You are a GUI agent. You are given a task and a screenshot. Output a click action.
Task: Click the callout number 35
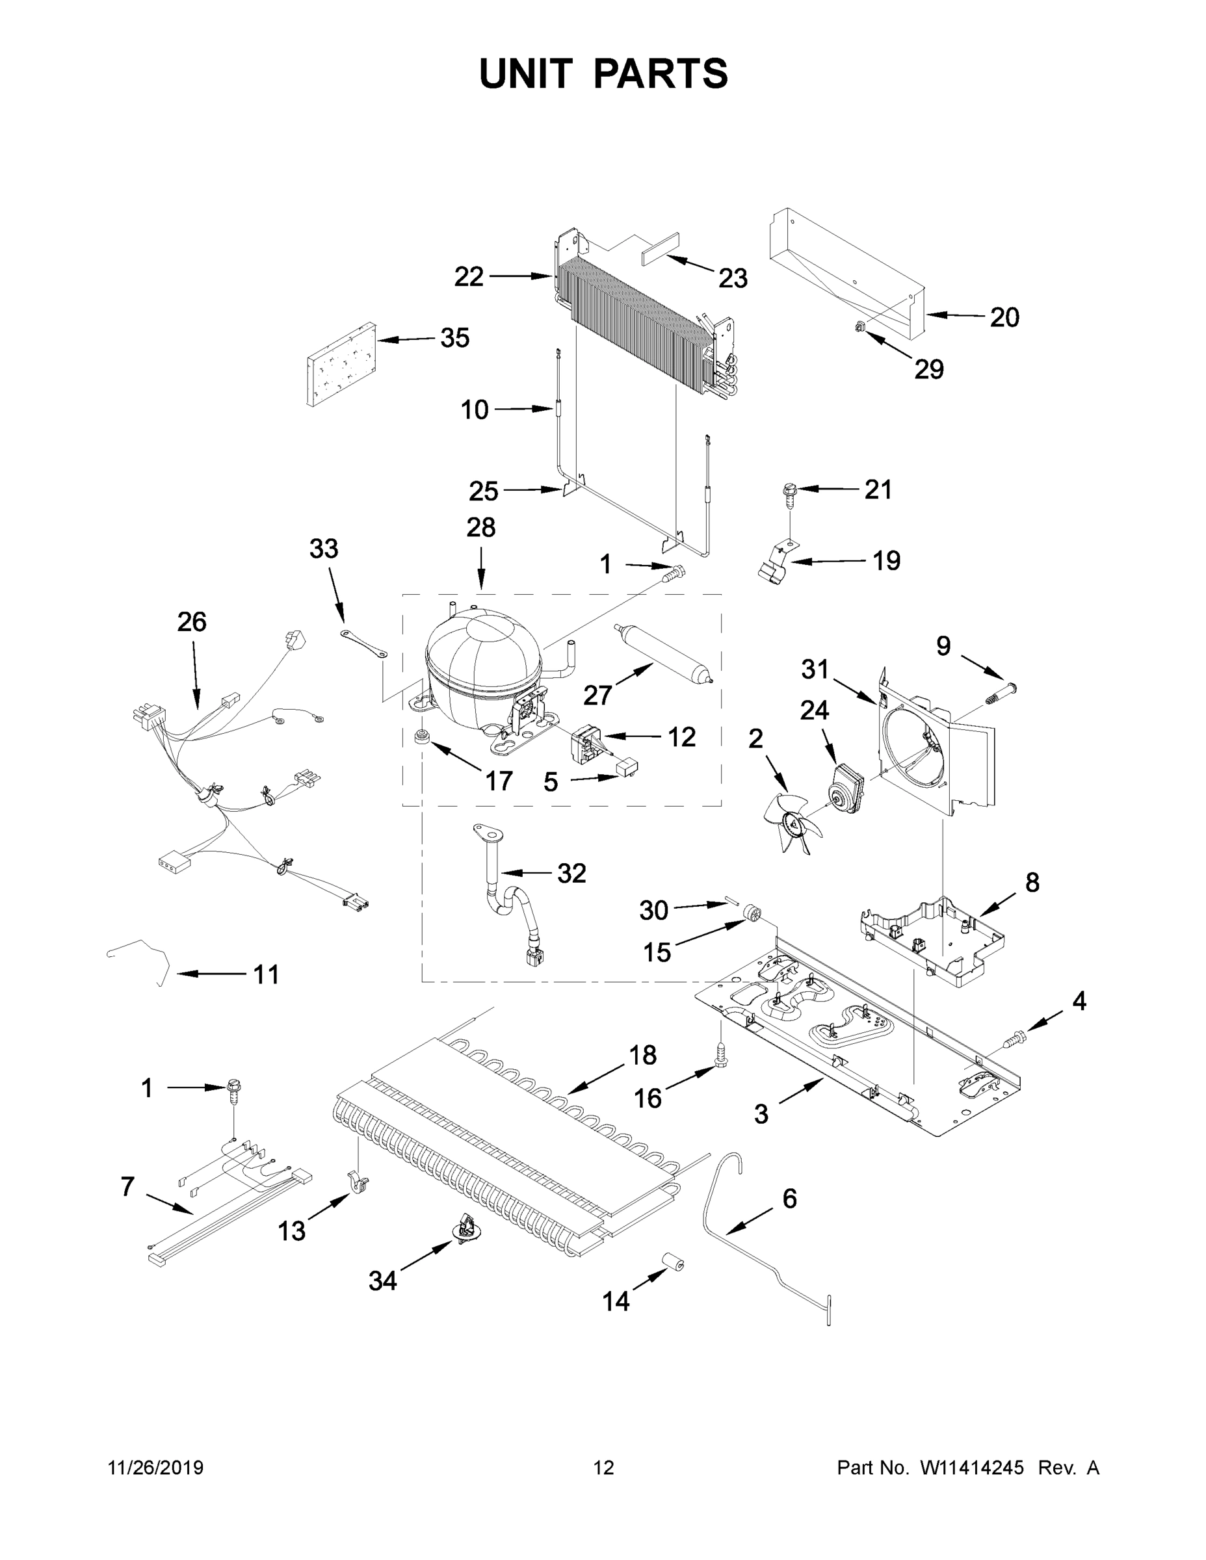point(454,338)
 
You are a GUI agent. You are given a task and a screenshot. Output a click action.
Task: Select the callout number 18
point(643,1055)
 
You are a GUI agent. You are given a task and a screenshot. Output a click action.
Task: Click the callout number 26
point(192,622)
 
